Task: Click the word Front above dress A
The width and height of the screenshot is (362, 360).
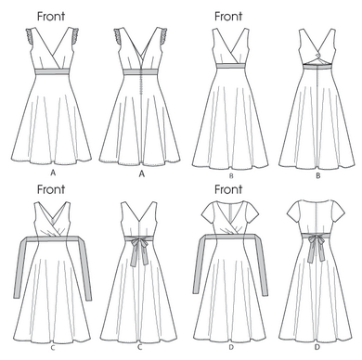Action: (x=51, y=16)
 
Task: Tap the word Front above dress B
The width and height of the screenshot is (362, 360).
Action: (x=228, y=16)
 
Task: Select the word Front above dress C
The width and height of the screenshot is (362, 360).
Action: (x=51, y=189)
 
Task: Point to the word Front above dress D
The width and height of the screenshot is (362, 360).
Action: (x=228, y=189)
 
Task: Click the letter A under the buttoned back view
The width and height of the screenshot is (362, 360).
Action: (x=142, y=174)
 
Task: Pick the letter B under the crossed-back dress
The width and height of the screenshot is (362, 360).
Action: (x=318, y=176)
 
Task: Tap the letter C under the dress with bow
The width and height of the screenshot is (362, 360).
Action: (x=139, y=347)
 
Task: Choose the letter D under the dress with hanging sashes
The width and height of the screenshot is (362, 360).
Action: (x=231, y=347)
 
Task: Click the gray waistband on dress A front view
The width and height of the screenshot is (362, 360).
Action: (x=53, y=71)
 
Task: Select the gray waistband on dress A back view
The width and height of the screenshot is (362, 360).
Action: (x=141, y=71)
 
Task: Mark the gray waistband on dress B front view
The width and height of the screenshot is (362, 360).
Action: (x=230, y=65)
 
